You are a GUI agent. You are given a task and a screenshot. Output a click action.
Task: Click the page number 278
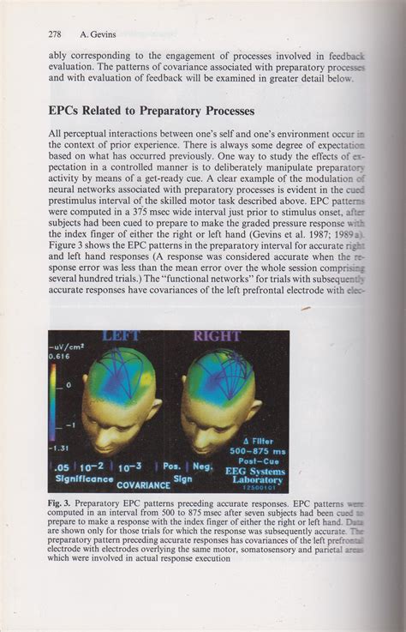pos(56,34)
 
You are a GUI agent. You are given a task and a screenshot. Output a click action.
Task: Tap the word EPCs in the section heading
pos(69,111)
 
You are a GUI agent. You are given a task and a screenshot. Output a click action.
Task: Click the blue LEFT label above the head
pos(120,336)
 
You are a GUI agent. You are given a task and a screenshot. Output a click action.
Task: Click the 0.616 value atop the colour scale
pos(58,355)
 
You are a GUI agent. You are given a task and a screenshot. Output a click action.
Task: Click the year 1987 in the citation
pos(305,232)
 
